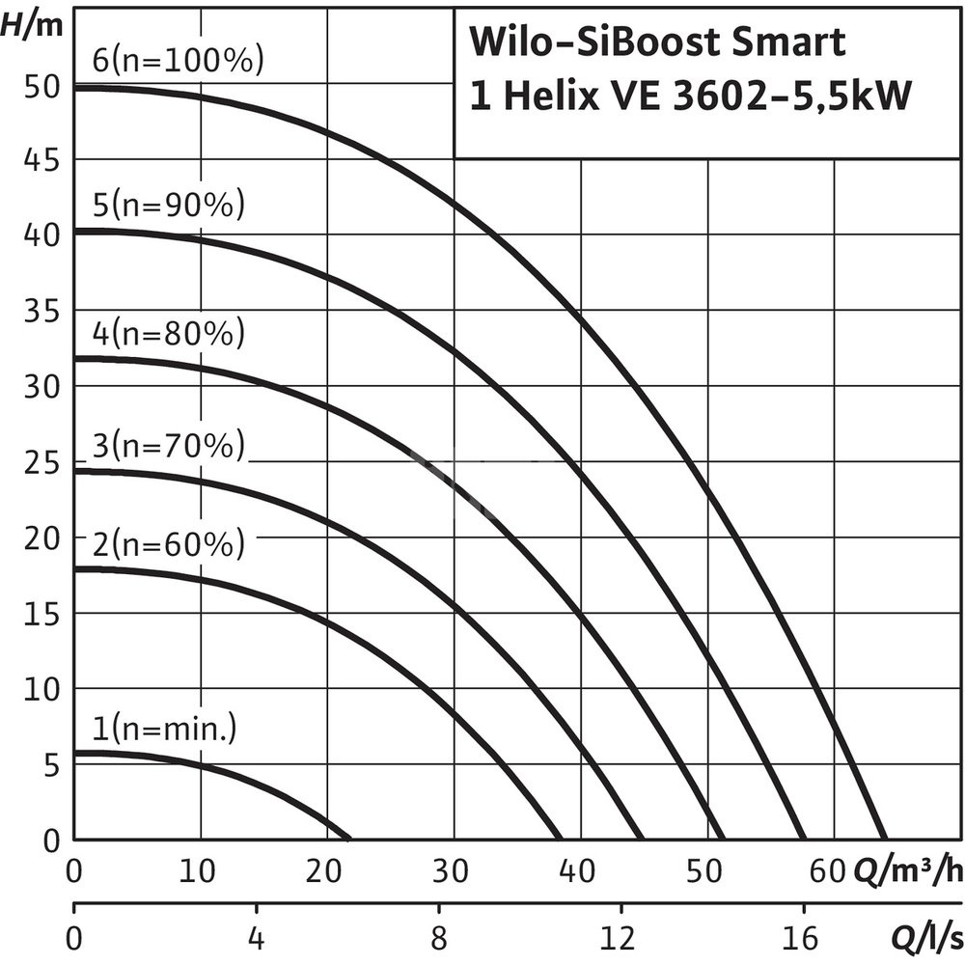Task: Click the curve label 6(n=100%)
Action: click(x=178, y=61)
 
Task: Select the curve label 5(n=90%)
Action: click(x=169, y=206)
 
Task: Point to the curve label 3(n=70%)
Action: click(x=169, y=447)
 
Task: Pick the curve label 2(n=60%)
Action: click(x=169, y=545)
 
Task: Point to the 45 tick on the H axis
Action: click(x=41, y=159)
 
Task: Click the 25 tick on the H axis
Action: click(x=41, y=463)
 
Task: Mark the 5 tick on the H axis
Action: click(x=51, y=765)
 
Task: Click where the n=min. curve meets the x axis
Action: click(x=348, y=838)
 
